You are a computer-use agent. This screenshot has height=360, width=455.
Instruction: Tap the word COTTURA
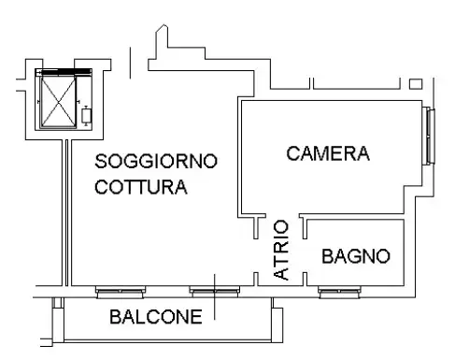140,187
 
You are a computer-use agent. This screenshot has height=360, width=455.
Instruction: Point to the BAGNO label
355,255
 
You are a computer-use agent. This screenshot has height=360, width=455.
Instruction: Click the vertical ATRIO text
280,250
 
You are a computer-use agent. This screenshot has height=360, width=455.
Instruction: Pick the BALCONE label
155,316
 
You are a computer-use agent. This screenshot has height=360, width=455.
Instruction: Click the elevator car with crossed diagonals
57,100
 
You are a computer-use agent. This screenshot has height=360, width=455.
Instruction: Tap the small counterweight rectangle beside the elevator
87,117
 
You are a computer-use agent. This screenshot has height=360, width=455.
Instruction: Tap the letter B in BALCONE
115,316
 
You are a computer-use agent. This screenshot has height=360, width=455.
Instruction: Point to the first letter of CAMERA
292,153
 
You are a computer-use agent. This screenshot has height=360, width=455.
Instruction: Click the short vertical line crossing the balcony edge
214,299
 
